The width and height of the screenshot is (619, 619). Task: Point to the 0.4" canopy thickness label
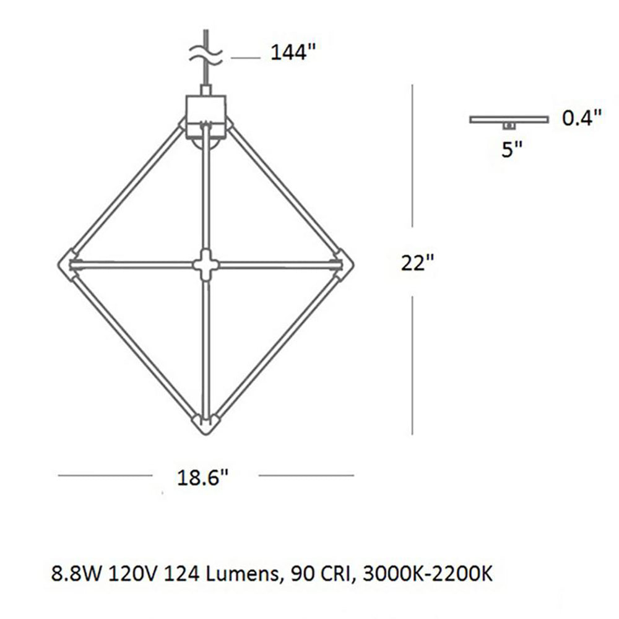582,118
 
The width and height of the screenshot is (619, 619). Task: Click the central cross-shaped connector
206,265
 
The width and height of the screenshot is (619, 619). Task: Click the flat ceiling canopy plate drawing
509,118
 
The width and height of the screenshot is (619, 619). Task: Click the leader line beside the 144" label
245,58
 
